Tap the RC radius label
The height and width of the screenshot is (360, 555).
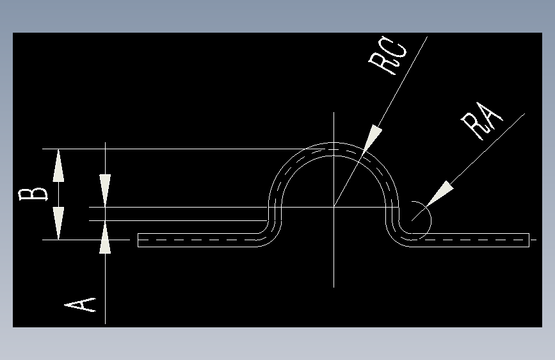click(387, 59)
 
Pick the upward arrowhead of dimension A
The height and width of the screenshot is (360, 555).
click(105, 244)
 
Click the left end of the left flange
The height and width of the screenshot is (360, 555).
click(139, 240)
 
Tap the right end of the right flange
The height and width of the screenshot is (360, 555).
click(529, 240)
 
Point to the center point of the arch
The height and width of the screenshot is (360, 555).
click(334, 207)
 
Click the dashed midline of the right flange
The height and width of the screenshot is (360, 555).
click(474, 240)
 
